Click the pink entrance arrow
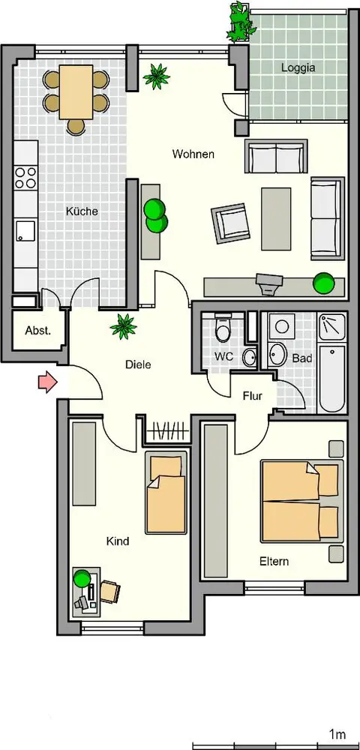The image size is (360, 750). pos(47,382)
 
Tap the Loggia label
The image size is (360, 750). pos(298,67)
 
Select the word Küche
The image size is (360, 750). pos(82,211)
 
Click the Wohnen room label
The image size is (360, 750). pos(193,154)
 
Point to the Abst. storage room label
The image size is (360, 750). pos(37,331)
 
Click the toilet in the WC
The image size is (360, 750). pos(222,328)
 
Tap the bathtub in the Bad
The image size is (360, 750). pos(331,379)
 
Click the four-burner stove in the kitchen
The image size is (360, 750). pos(25,178)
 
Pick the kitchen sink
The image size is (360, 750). pos(25,232)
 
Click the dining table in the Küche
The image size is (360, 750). pos(76,91)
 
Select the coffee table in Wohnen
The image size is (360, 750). pos(276,218)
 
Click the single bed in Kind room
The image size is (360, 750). pos(166,492)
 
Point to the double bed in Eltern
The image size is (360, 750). pos(301,501)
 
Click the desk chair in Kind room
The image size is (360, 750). pos(109,592)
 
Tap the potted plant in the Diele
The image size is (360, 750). pos(123,327)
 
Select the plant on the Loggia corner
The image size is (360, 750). pos(238,22)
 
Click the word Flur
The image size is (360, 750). pos(253,396)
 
